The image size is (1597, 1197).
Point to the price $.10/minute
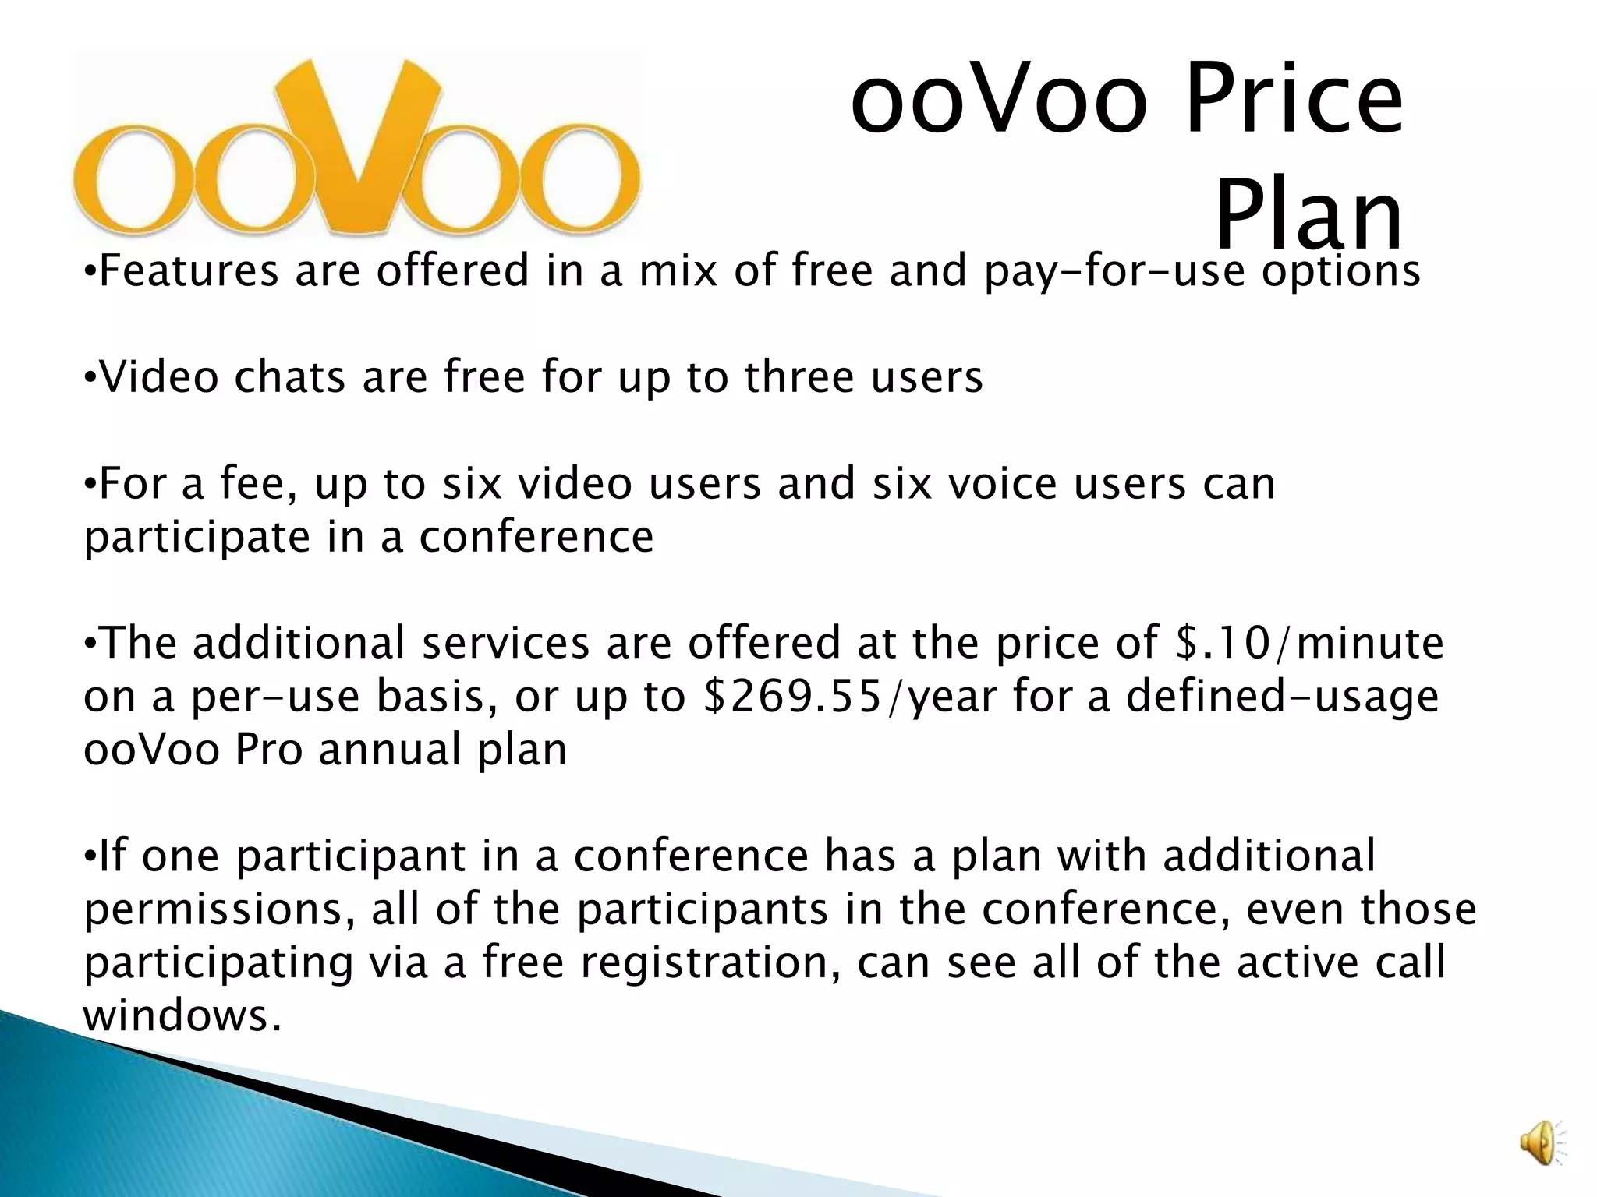1309,644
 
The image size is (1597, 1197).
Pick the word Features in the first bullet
189,271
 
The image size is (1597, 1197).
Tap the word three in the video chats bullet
799,377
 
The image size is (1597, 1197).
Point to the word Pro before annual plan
268,750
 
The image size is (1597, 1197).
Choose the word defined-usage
1282,697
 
